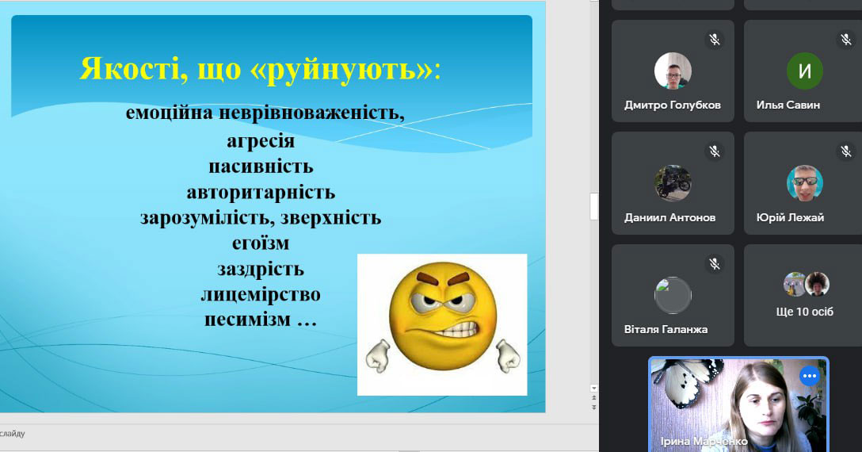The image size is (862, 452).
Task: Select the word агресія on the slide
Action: pyautogui.click(x=261, y=141)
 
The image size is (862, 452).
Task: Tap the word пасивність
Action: pyautogui.click(x=261, y=167)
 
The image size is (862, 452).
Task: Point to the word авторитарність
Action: pyautogui.click(x=261, y=192)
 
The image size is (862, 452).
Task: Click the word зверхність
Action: pyautogui.click(x=330, y=217)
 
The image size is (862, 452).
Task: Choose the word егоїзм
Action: pyautogui.click(x=261, y=243)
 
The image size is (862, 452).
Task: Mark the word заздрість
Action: pyautogui.click(x=261, y=269)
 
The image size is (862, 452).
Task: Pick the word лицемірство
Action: pyautogui.click(x=261, y=294)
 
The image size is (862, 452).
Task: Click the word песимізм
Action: pyautogui.click(x=247, y=320)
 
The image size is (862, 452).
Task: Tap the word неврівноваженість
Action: pyautogui.click(x=311, y=113)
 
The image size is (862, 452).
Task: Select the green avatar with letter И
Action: pyautogui.click(x=805, y=71)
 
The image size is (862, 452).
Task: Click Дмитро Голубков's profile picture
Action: pyautogui.click(x=673, y=71)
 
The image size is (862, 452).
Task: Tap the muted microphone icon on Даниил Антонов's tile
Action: pyautogui.click(x=714, y=151)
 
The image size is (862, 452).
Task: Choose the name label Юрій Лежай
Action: pyautogui.click(x=790, y=217)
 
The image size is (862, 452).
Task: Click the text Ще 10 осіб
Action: pyautogui.click(x=804, y=312)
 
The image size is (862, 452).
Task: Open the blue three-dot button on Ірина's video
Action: pyautogui.click(x=809, y=376)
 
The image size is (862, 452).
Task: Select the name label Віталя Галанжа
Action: pyautogui.click(x=666, y=329)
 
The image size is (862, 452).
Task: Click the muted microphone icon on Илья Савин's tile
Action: pyautogui.click(x=846, y=39)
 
